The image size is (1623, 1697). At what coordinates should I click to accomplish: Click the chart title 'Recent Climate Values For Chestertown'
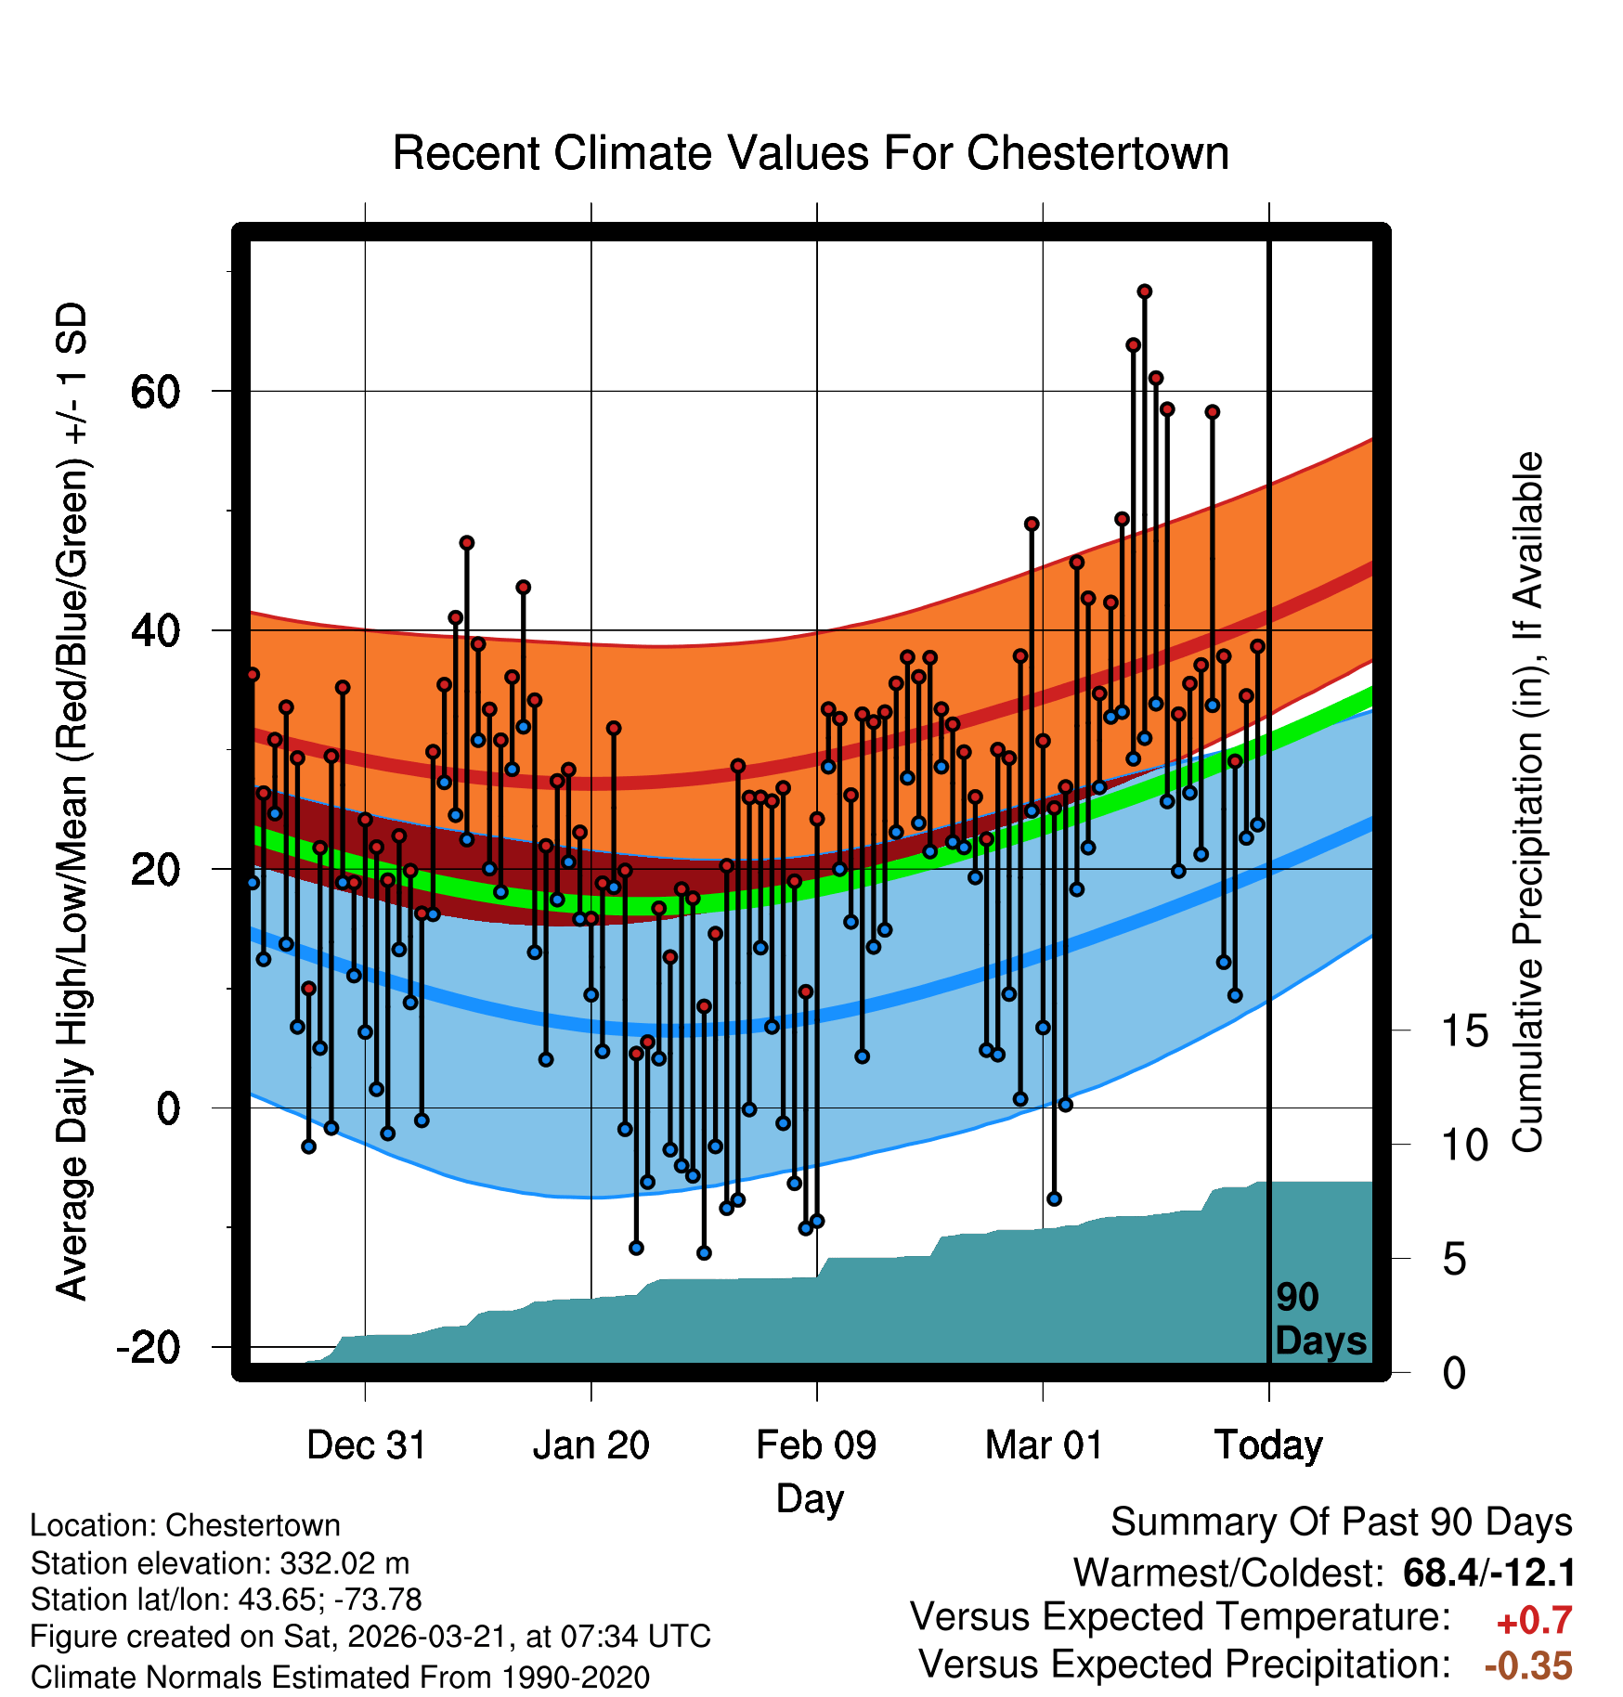tap(811, 153)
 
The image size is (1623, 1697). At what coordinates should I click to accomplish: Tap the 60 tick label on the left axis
tap(155, 392)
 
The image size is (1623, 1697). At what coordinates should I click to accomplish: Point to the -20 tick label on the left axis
tap(148, 1347)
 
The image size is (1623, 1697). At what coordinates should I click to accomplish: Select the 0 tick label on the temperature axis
tap(168, 1108)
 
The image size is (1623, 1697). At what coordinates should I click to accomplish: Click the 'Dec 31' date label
tap(366, 1445)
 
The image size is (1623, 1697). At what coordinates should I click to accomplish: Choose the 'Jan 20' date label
tap(591, 1445)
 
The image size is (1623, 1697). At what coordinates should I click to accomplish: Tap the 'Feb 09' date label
tap(816, 1445)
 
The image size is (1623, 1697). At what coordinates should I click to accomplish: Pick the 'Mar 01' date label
tap(1044, 1445)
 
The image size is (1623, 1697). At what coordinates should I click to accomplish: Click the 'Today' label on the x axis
tap(1268, 1445)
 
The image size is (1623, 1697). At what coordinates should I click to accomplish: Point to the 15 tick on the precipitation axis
tap(1464, 1031)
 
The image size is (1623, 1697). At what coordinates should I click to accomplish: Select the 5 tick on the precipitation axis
tap(1454, 1260)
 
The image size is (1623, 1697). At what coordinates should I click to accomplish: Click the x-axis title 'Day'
tap(810, 1498)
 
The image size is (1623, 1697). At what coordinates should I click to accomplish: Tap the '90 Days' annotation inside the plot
tap(1319, 1320)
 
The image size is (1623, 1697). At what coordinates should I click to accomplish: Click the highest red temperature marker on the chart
tap(1145, 291)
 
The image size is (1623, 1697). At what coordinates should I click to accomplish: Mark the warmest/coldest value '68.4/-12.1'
tap(1489, 1574)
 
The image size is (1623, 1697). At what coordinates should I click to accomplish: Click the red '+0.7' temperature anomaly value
tap(1534, 1621)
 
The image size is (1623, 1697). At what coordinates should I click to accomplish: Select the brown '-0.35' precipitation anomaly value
tap(1528, 1666)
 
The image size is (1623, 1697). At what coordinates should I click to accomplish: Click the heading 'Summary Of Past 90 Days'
tap(1342, 1523)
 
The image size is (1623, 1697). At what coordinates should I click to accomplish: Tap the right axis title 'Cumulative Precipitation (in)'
tap(1528, 803)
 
